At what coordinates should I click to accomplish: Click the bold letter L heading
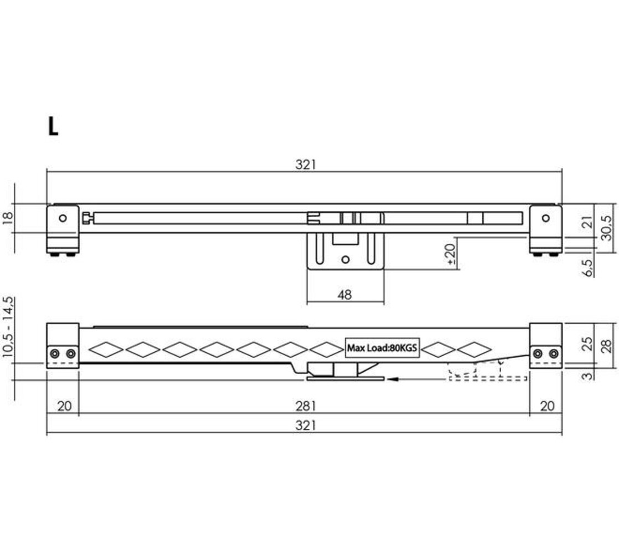(53, 127)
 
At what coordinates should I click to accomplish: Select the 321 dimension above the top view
(305, 165)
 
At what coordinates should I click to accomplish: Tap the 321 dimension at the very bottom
(305, 425)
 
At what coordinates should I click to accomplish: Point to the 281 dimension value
(305, 406)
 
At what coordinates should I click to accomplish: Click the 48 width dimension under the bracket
(344, 295)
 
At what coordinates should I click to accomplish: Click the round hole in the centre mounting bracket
(346, 259)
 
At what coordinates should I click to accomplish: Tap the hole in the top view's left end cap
(63, 218)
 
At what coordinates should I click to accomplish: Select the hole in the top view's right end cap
(546, 218)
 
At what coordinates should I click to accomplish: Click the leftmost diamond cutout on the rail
(105, 350)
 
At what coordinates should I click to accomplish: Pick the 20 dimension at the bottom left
(64, 406)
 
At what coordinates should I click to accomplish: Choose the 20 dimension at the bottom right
(547, 406)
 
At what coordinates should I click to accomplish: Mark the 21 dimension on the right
(588, 223)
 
